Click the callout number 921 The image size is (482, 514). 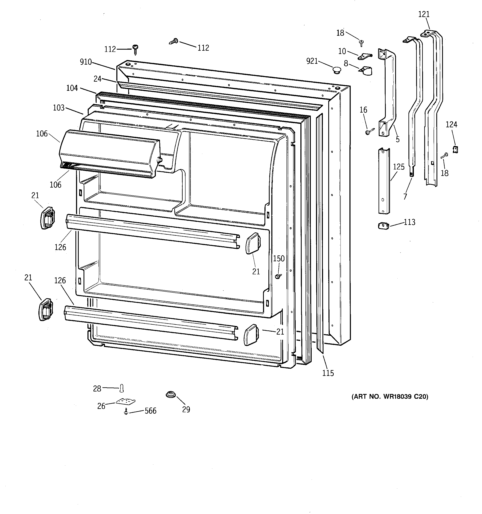(312, 61)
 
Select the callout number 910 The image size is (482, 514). (86, 62)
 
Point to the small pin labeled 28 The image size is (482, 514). (122, 388)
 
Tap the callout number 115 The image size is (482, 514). (328, 373)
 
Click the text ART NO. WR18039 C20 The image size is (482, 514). (390, 396)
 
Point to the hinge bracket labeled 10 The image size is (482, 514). (365, 56)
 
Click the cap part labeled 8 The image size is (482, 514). (366, 71)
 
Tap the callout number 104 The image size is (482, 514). (72, 88)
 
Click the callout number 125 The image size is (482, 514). (399, 167)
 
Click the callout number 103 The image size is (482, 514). (59, 108)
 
